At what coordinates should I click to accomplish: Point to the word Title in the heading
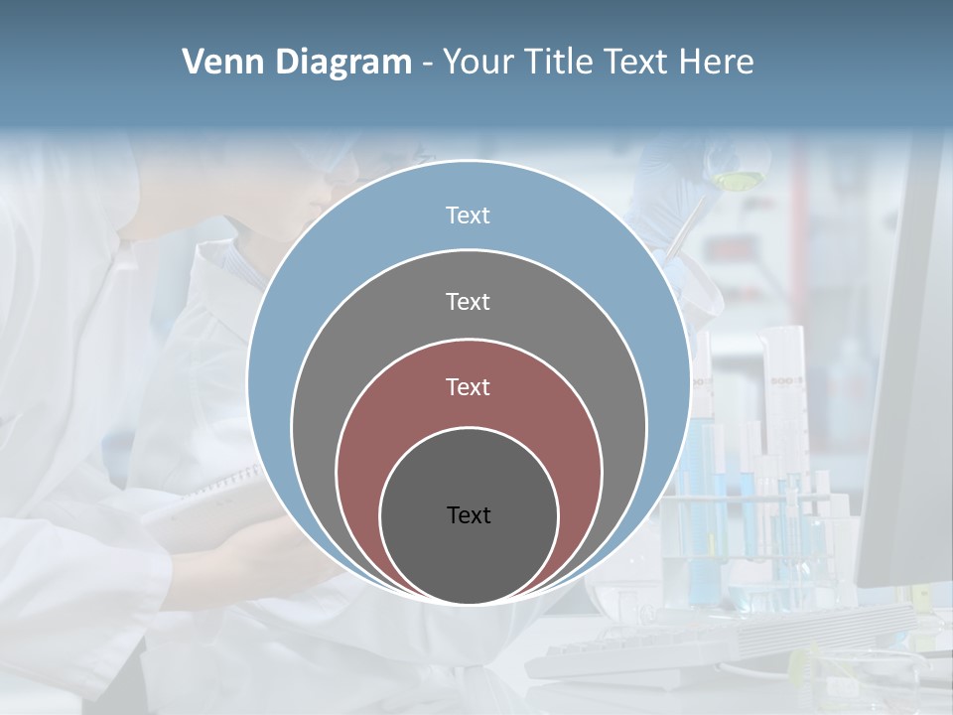pyautogui.click(x=566, y=63)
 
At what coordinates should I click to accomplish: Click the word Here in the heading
pyautogui.click(x=716, y=63)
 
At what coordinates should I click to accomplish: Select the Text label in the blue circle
pyautogui.click(x=468, y=215)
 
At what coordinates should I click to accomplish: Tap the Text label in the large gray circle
pyautogui.click(x=468, y=301)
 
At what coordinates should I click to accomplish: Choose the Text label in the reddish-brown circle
pyautogui.click(x=468, y=386)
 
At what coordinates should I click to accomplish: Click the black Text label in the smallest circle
pyautogui.click(x=469, y=514)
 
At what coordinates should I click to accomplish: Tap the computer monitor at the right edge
pyautogui.click(x=908, y=397)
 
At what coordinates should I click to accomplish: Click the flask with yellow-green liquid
pyautogui.click(x=736, y=179)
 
